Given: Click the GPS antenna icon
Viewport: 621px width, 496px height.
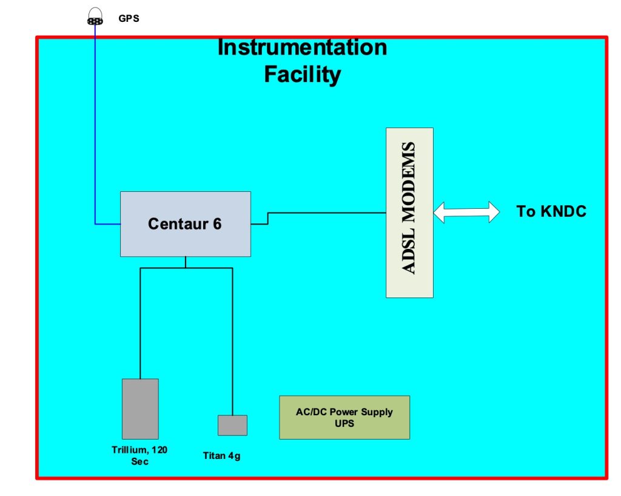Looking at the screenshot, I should pos(95,18).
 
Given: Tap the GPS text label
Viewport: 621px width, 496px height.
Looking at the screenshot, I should pos(129,19).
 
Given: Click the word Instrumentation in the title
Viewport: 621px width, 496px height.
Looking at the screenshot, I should pos(302,47).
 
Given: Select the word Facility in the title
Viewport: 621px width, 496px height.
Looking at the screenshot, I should pos(302,75).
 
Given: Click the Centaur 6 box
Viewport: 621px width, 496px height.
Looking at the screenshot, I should pos(185,224).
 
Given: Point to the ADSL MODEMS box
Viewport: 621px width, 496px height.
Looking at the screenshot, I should pos(410,212).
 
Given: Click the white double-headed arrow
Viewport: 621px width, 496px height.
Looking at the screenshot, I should pos(466,212).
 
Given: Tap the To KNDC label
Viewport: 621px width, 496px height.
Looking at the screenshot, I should pos(551,212).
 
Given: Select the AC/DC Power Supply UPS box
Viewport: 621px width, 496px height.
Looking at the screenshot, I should pos(344,417).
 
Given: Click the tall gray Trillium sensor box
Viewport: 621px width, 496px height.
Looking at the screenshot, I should pos(140,409).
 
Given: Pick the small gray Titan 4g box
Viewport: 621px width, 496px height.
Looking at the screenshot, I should pos(232,425).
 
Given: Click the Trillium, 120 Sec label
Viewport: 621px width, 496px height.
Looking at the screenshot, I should pos(139,455).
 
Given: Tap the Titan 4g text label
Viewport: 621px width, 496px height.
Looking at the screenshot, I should pos(221,456).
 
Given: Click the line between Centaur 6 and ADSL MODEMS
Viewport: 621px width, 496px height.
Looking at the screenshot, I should pos(327,212).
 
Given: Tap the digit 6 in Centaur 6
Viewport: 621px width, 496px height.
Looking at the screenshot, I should pos(217,224).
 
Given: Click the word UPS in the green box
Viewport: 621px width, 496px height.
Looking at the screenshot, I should pos(344,423).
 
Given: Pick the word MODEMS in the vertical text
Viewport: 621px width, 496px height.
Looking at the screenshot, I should pos(410,176).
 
